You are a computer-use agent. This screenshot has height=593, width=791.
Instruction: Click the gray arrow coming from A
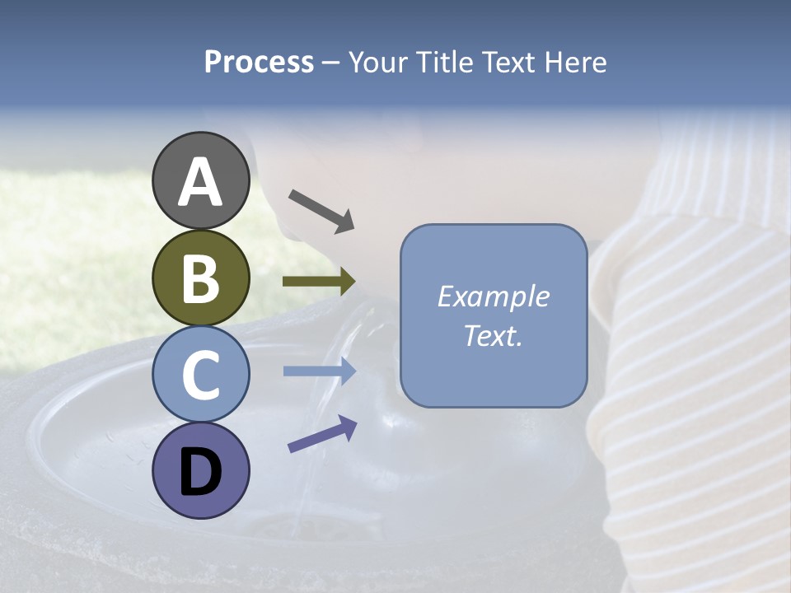click(x=321, y=210)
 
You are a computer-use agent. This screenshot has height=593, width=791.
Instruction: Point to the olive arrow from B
click(x=319, y=282)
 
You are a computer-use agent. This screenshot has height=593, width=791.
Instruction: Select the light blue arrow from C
click(x=319, y=371)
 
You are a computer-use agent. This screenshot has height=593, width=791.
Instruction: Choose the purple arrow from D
click(x=322, y=434)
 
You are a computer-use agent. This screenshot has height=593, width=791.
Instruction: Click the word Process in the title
click(x=259, y=63)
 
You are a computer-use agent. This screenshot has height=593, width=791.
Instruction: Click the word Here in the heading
click(x=575, y=63)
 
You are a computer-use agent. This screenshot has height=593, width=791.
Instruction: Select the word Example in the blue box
click(x=493, y=296)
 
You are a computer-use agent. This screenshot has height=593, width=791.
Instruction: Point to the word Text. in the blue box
click(x=493, y=336)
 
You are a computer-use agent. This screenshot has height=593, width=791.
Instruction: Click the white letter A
click(x=201, y=181)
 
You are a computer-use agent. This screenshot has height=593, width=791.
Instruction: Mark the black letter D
click(x=201, y=472)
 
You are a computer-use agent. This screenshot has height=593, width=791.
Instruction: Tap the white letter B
click(x=201, y=278)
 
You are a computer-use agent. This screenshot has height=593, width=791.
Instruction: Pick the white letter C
click(x=201, y=375)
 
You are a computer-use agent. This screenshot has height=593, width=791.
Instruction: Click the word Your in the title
click(x=377, y=63)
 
